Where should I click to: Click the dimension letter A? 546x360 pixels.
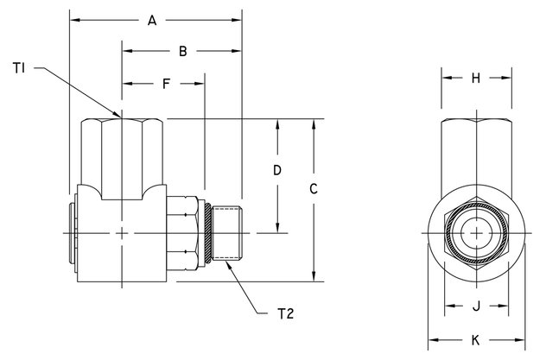point(153,19)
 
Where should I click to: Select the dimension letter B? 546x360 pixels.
point(182,52)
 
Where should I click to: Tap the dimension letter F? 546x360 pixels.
point(164,84)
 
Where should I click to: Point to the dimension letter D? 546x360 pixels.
point(277,170)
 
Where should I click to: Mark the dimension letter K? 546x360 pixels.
point(476,338)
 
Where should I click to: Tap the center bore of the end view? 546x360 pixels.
point(476,234)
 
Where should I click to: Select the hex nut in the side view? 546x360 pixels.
point(186,233)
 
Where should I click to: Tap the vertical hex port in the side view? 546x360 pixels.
point(122,155)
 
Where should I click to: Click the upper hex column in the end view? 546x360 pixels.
point(476,151)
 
